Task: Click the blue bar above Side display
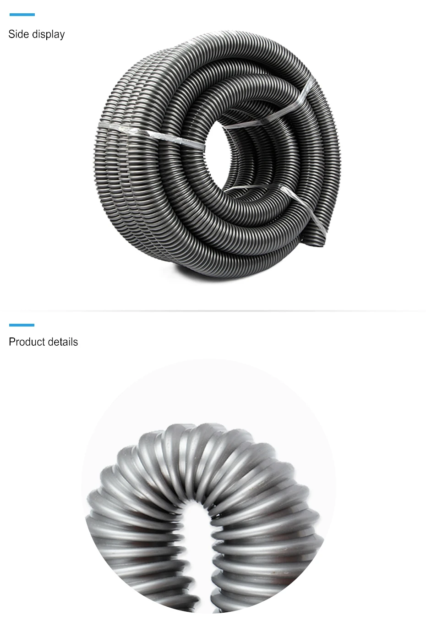point(22,15)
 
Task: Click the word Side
point(18,34)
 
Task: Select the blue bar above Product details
point(22,325)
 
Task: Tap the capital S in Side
point(11,34)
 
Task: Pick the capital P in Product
point(12,342)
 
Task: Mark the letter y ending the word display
point(62,36)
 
